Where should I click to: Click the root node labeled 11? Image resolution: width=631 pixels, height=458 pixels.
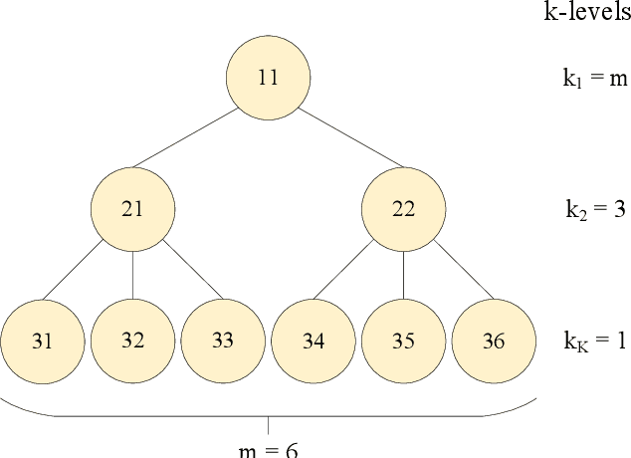(x=268, y=78)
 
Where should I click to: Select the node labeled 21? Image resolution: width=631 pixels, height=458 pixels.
(x=132, y=208)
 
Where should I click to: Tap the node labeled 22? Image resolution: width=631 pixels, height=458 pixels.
(x=403, y=208)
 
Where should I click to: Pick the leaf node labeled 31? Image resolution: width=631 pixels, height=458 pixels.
(x=42, y=341)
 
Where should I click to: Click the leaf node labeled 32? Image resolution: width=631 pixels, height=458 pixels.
(x=132, y=341)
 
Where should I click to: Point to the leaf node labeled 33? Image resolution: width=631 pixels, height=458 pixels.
(x=223, y=341)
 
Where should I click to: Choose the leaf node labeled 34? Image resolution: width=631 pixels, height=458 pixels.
(x=314, y=341)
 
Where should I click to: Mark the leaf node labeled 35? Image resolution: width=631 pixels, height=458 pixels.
(x=403, y=341)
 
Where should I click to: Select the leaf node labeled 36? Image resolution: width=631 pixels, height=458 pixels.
(x=494, y=341)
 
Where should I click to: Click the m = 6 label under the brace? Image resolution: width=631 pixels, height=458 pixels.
(x=268, y=449)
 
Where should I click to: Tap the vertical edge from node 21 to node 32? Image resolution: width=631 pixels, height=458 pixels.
(x=132, y=274)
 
